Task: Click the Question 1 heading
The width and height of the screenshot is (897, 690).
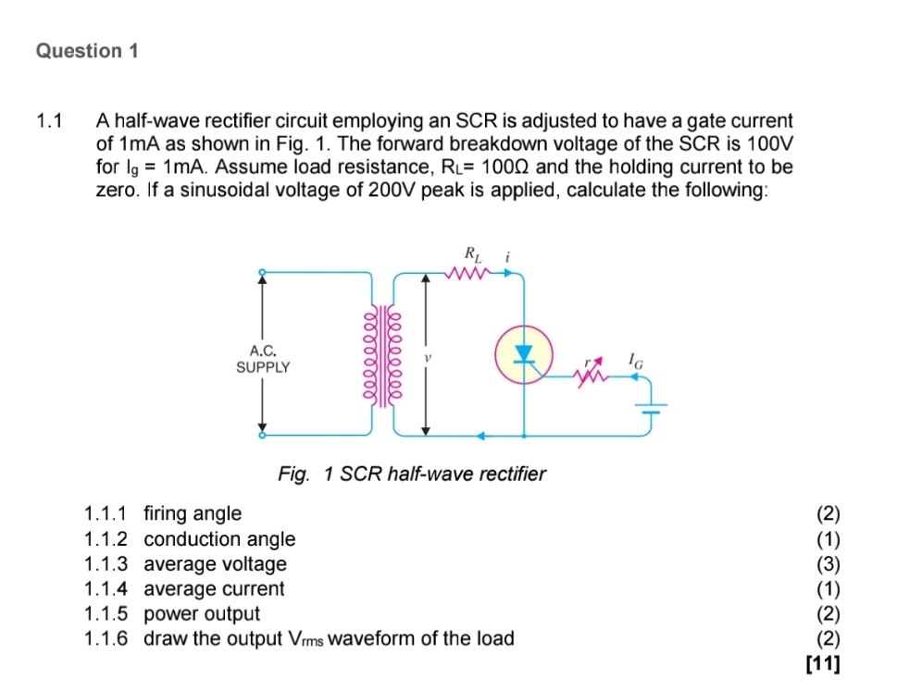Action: pyautogui.click(x=87, y=52)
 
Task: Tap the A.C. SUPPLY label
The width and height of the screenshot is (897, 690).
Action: pyautogui.click(x=263, y=359)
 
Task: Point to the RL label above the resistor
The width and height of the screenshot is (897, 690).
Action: pyautogui.click(x=471, y=253)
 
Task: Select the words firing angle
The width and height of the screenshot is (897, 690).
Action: pyautogui.click(x=193, y=513)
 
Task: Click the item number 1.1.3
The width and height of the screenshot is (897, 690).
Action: pyautogui.click(x=106, y=564)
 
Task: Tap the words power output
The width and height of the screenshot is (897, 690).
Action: pyautogui.click(x=202, y=614)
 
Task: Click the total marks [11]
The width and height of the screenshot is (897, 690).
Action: pyautogui.click(x=823, y=664)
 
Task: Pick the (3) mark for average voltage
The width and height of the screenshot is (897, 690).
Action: pyautogui.click(x=828, y=564)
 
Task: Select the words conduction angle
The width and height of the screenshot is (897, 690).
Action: pyautogui.click(x=219, y=539)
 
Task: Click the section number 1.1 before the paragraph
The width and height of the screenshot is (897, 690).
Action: pyautogui.click(x=48, y=121)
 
